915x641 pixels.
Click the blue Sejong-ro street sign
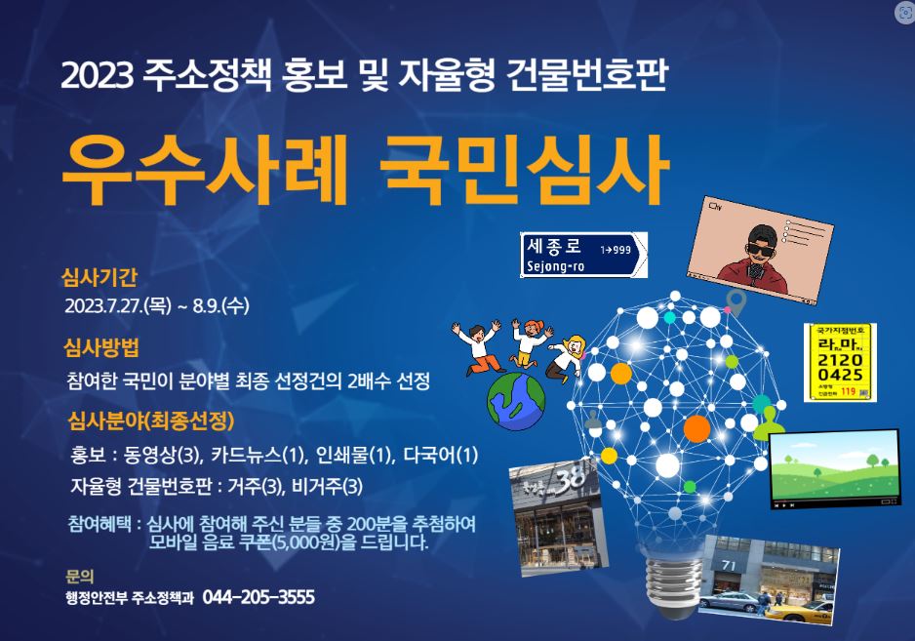tap(583, 255)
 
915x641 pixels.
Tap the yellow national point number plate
tap(840, 362)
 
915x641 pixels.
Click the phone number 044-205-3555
tap(259, 597)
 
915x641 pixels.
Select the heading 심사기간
tap(99, 277)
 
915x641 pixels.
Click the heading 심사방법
tap(101, 348)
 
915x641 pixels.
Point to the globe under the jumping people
tap(516, 401)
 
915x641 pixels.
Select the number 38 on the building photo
tap(570, 480)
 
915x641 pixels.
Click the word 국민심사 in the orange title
tap(524, 170)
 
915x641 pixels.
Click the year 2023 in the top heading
tap(98, 76)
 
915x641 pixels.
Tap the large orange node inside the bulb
tap(696, 428)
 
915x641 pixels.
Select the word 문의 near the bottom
tap(79, 577)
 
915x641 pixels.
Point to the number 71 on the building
tap(729, 565)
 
